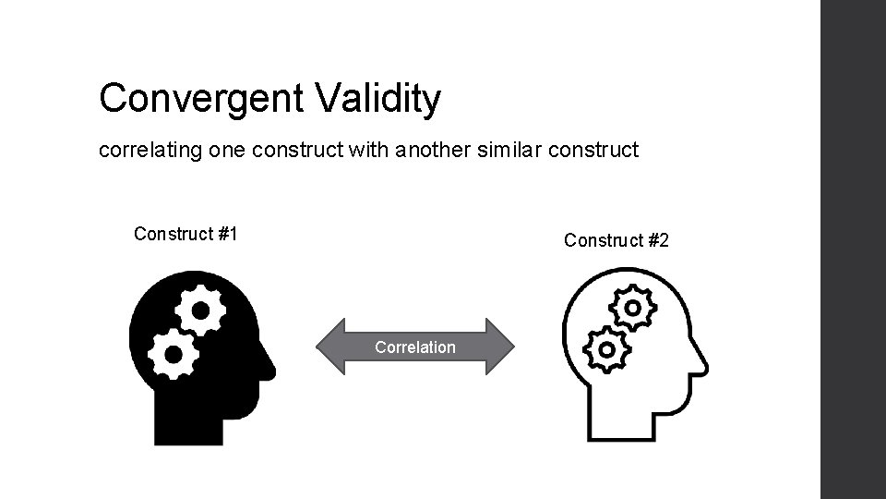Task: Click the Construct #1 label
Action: (x=186, y=234)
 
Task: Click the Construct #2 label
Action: (x=616, y=241)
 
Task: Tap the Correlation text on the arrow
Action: (x=414, y=347)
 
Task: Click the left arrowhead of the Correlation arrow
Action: (x=330, y=347)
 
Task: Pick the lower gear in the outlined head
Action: (x=605, y=349)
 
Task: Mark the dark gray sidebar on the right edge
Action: (x=853, y=249)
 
